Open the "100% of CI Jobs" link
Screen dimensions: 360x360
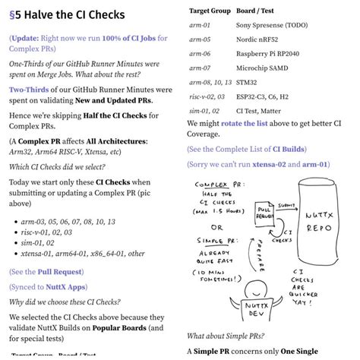point(129,38)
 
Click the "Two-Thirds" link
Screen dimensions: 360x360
point(29,90)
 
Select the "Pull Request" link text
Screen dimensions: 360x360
point(60,272)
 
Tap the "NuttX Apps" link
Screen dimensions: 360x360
point(65,287)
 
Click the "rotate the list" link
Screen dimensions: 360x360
point(245,123)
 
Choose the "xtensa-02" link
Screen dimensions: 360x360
point(269,164)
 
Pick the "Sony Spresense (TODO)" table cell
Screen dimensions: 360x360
point(272,25)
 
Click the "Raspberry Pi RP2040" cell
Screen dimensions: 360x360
point(267,54)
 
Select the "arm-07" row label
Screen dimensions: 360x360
point(200,68)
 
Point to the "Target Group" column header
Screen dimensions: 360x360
point(210,11)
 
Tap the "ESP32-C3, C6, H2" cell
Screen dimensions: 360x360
point(262,96)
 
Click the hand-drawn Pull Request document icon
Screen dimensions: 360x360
point(264,213)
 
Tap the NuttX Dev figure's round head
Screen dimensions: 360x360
point(256,290)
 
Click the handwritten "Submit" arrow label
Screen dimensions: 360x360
point(286,205)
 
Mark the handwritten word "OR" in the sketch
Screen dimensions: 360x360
point(217,228)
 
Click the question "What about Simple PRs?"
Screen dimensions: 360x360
point(226,336)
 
